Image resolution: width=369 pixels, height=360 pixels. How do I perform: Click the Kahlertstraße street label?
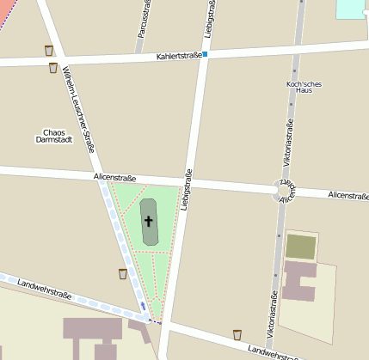(178, 57)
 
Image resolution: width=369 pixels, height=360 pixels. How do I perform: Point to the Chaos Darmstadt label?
(53, 136)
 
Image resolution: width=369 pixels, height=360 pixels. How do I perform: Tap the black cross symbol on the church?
(148, 221)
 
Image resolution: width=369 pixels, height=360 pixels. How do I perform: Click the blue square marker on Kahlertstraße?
(205, 54)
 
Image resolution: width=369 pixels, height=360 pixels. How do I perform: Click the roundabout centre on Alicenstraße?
(282, 190)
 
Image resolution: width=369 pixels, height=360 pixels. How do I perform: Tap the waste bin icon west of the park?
(123, 273)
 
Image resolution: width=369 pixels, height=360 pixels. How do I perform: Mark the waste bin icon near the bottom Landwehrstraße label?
(237, 334)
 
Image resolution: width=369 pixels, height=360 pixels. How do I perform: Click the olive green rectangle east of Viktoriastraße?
(300, 247)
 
